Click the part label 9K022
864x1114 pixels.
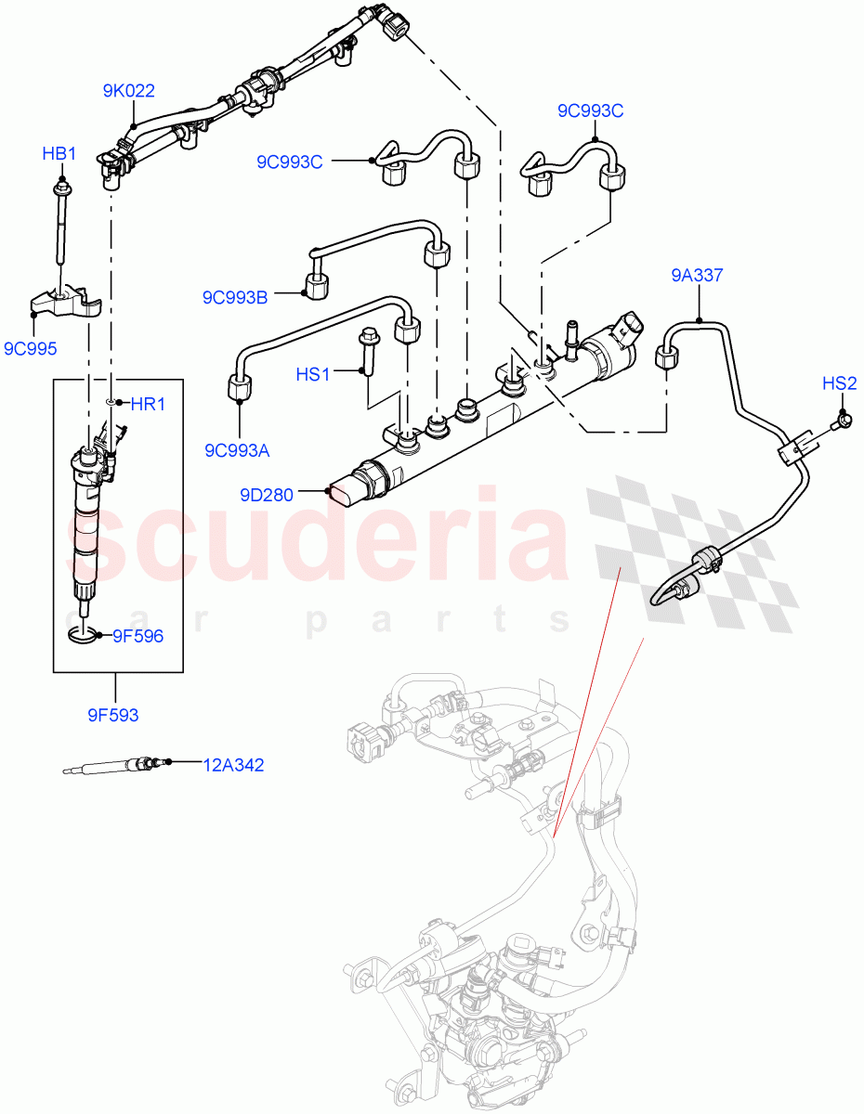[x=128, y=91]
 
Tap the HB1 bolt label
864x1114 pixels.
[x=59, y=153]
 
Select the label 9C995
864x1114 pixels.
[x=31, y=349]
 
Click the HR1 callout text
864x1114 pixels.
[x=148, y=404]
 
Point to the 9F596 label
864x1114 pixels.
[x=137, y=637]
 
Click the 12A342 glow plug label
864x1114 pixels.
[x=233, y=765]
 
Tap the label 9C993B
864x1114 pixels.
[x=235, y=298]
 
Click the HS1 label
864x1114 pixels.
[x=313, y=374]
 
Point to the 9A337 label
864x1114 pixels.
[x=697, y=275]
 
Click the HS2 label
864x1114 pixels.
[x=840, y=382]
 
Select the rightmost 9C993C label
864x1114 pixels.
[x=590, y=111]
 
